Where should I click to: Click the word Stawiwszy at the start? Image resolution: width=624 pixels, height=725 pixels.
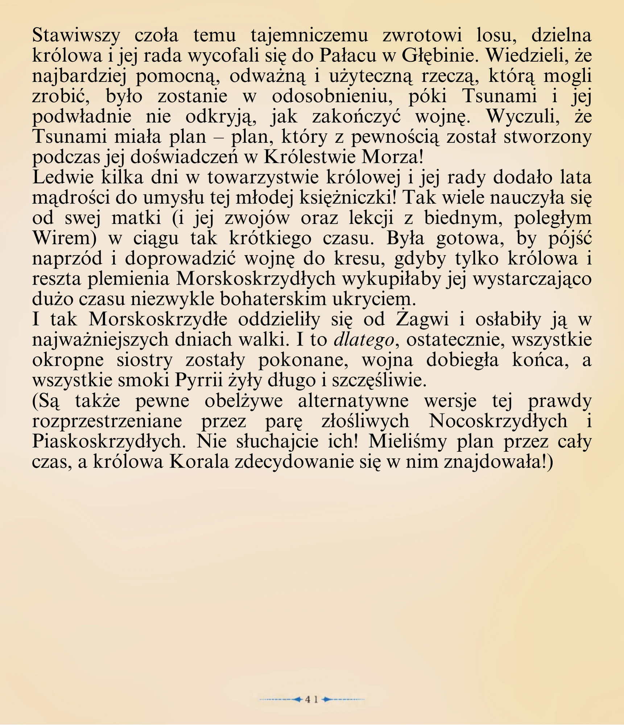(x=76, y=36)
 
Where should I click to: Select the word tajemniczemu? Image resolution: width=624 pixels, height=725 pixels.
(x=309, y=36)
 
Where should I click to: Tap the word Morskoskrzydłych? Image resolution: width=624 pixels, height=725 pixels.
(x=256, y=279)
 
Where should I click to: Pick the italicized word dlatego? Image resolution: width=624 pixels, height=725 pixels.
(x=364, y=340)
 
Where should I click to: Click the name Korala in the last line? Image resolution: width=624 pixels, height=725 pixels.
(x=199, y=462)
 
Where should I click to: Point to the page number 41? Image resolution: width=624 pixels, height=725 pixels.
(x=312, y=700)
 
